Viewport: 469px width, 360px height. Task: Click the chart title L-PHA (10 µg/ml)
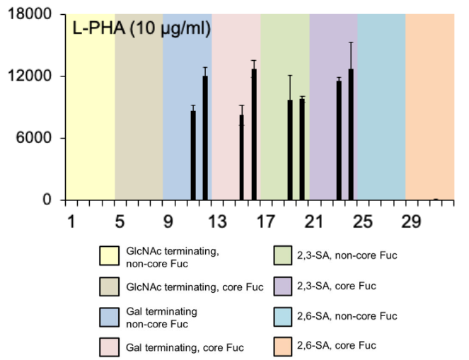point(141,30)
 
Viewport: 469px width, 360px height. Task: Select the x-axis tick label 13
point(218,221)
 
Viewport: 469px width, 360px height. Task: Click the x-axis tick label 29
point(411,221)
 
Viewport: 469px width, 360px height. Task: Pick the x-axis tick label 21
point(315,221)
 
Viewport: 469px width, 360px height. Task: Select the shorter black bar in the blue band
point(193,156)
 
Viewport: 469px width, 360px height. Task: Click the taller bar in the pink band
point(254,134)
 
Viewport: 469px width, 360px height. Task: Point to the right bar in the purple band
point(351,134)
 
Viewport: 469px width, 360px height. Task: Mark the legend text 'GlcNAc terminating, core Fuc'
point(184,286)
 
